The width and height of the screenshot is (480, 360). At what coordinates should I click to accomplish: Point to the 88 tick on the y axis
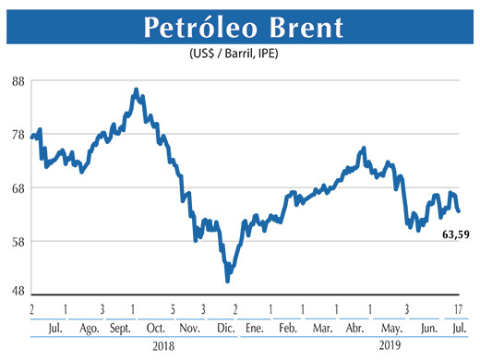[17, 81]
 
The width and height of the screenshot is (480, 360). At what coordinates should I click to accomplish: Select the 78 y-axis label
[17, 135]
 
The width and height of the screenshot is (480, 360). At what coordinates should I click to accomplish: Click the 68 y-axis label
[17, 188]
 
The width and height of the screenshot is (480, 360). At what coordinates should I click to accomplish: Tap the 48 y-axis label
[17, 291]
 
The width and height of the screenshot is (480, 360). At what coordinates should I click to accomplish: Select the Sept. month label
[119, 329]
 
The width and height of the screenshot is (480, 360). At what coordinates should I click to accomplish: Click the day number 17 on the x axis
[459, 308]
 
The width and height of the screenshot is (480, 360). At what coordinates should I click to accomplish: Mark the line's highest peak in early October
[136, 90]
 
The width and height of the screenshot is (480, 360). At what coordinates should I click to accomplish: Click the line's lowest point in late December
[227, 280]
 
